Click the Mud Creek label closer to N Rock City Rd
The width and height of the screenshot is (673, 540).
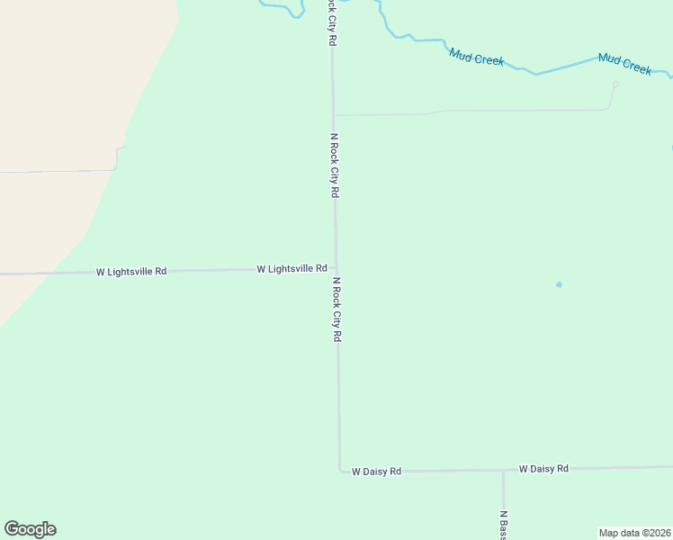pyautogui.click(x=477, y=58)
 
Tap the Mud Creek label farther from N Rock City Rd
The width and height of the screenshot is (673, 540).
pyautogui.click(x=624, y=64)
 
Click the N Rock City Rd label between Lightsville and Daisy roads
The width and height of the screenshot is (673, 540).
pyautogui.click(x=337, y=309)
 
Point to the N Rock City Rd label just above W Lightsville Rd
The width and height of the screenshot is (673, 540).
pyautogui.click(x=335, y=166)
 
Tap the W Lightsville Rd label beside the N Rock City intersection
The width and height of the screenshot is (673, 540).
pyautogui.click(x=292, y=268)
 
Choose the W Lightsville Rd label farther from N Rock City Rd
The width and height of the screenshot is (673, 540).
pyautogui.click(x=131, y=271)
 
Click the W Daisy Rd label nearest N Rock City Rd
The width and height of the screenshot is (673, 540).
pyautogui.click(x=376, y=471)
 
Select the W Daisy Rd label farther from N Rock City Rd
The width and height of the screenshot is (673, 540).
pyautogui.click(x=543, y=469)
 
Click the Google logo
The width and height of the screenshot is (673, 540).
pyautogui.click(x=30, y=529)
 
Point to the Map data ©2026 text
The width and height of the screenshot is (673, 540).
pyautogui.click(x=634, y=533)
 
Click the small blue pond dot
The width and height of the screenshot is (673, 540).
pyautogui.click(x=559, y=284)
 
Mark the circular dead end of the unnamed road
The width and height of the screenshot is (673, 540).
pyautogui.click(x=615, y=85)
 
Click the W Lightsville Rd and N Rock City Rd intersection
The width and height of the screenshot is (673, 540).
pyautogui.click(x=336, y=267)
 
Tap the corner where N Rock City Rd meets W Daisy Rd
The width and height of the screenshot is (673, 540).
pyautogui.click(x=340, y=470)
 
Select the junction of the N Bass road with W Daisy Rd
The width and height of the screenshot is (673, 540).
pyautogui.click(x=503, y=470)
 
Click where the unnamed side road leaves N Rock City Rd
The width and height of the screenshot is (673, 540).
pyautogui.click(x=334, y=115)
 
